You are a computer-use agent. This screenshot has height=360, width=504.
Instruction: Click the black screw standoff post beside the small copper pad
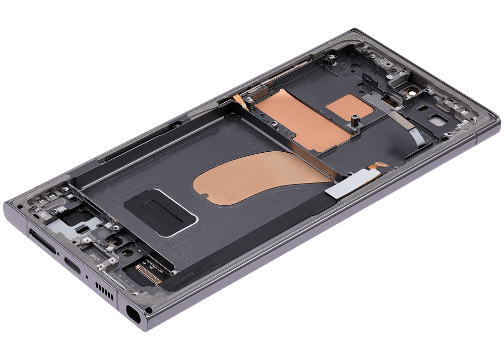tap(354, 121)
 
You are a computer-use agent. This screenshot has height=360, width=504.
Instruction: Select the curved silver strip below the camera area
tap(416, 134)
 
